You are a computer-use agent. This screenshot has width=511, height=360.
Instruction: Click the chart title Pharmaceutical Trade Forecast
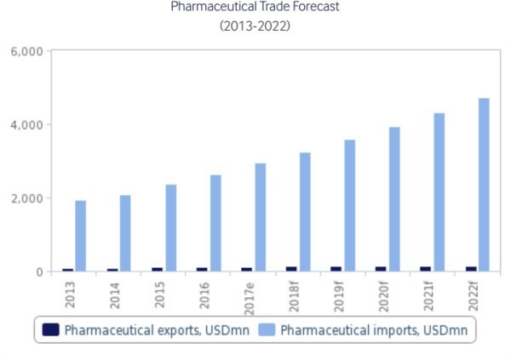click(x=255, y=8)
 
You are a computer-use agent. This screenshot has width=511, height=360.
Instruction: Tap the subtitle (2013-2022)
click(x=255, y=26)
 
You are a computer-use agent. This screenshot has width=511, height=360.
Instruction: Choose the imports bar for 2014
click(x=125, y=233)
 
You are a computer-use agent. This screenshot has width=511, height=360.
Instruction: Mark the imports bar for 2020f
click(x=394, y=199)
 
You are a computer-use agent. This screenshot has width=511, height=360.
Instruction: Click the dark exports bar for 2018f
click(x=291, y=269)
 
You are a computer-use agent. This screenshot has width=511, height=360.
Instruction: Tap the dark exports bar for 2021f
click(x=426, y=269)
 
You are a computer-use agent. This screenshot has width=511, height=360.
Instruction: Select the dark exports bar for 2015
click(x=157, y=270)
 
